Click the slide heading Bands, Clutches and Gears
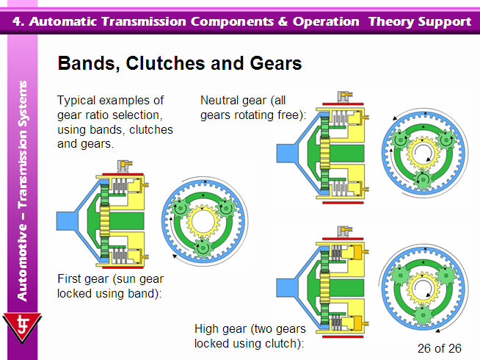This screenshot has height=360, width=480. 179,64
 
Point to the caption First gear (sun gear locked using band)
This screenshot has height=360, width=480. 110,286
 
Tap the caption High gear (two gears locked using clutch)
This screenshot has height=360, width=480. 249,336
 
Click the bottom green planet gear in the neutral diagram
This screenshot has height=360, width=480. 421,181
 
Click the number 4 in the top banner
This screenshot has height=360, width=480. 18,21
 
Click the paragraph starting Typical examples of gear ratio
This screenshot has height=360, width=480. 115,122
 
